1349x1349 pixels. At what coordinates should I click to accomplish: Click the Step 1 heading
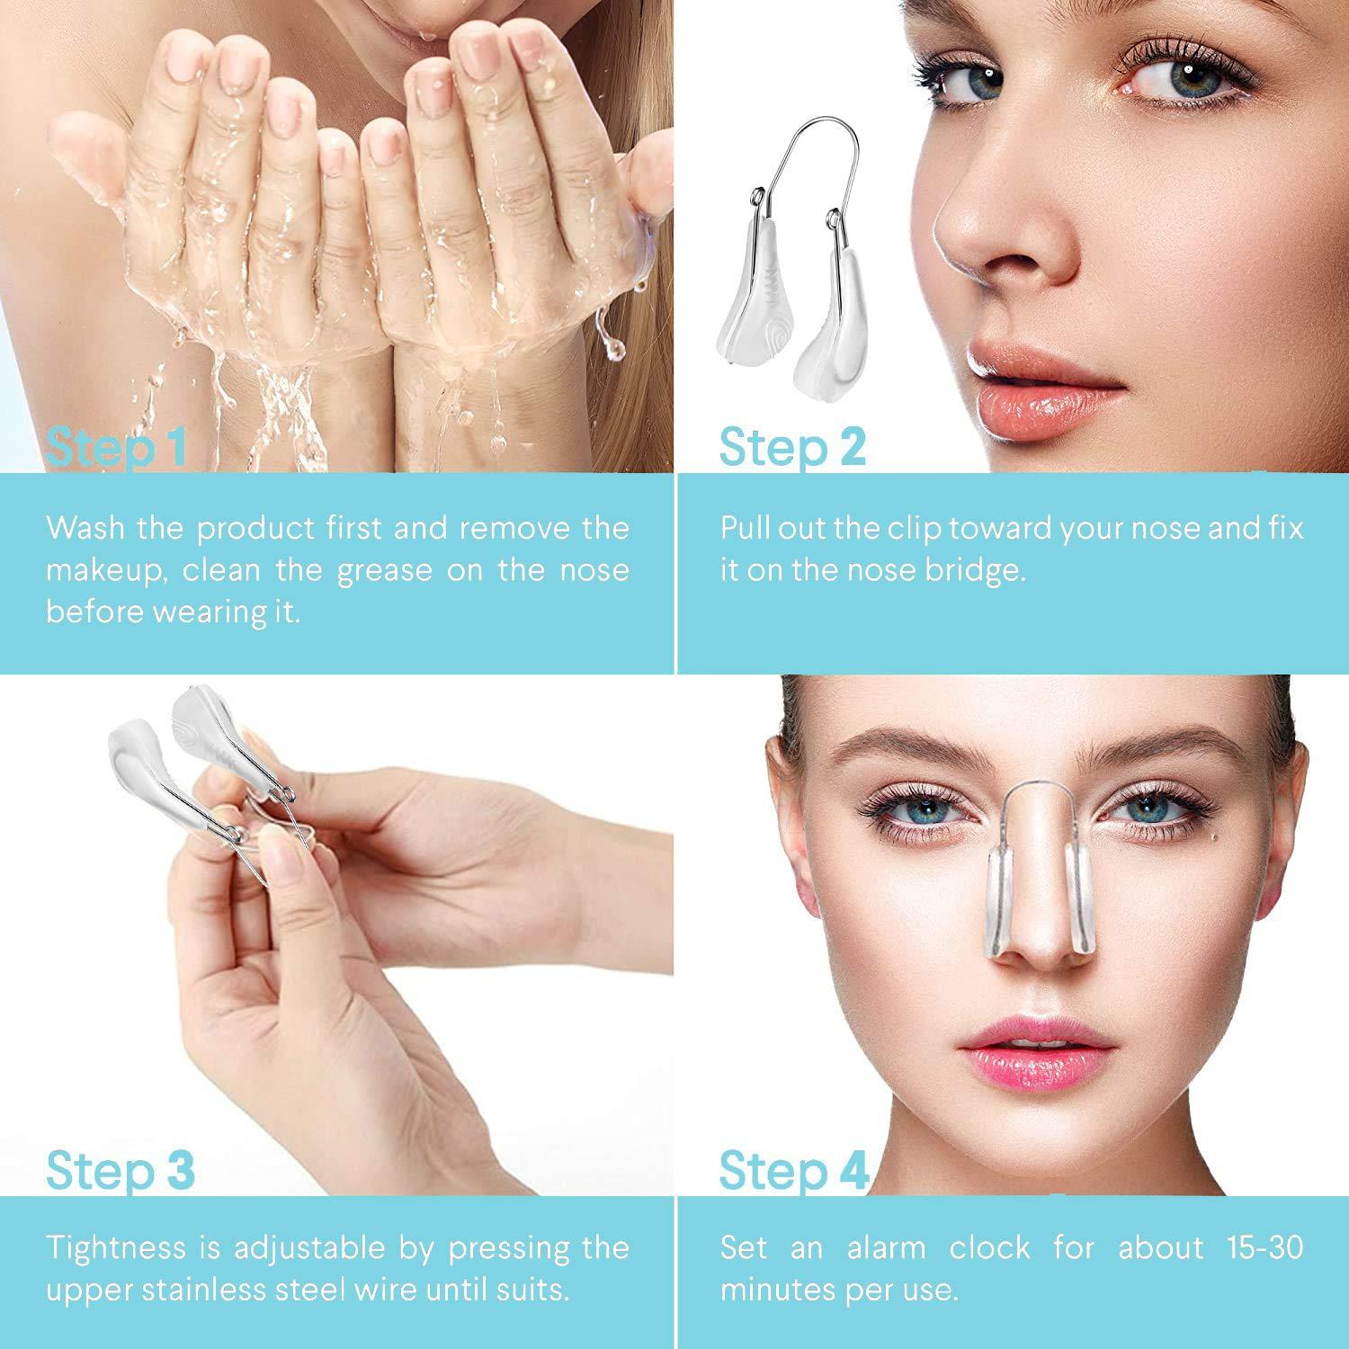[x=117, y=447]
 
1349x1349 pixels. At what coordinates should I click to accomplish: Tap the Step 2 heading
[x=792, y=447]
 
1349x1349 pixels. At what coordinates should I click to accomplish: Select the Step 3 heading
[x=121, y=1170]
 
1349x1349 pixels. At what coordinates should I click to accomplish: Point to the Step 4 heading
[x=793, y=1170]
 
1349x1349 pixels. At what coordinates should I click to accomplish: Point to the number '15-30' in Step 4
[x=1264, y=1248]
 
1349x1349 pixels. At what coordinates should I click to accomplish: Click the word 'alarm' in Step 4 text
[x=886, y=1248]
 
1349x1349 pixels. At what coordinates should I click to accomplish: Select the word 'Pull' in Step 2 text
[x=743, y=528]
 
